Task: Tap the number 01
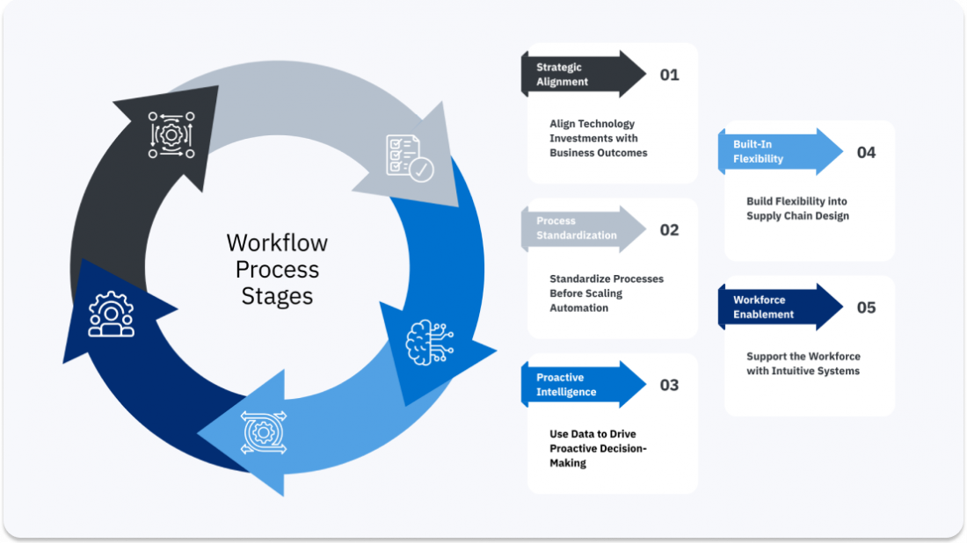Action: [670, 75]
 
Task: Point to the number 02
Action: [670, 230]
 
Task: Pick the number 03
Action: [670, 385]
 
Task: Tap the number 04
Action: [867, 153]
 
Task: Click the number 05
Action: [867, 308]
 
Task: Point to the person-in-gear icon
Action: [112, 314]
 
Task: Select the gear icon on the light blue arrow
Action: [262, 432]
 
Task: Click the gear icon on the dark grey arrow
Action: [171, 134]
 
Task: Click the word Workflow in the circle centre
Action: [276, 242]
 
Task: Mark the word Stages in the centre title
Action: [277, 296]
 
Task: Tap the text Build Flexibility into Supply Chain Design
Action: [797, 208]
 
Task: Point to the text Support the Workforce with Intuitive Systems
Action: [803, 364]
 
